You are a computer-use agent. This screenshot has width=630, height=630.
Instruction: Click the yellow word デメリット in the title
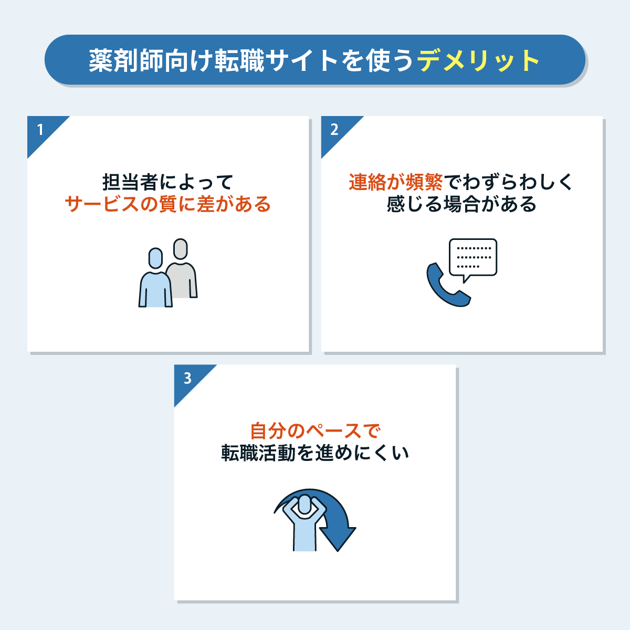(x=478, y=61)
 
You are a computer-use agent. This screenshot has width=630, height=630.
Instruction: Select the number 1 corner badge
(x=40, y=129)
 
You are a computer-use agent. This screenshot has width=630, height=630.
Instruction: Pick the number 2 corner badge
(x=334, y=129)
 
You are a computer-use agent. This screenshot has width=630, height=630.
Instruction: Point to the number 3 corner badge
(x=187, y=378)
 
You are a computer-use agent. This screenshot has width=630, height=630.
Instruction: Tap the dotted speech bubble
(x=472, y=258)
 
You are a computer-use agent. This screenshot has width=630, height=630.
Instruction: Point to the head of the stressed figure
(x=304, y=505)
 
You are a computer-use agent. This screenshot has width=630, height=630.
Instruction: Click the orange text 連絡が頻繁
(x=396, y=182)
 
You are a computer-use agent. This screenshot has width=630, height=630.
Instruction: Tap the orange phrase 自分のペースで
(x=315, y=431)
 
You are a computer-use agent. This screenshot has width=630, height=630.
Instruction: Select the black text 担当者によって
(x=168, y=182)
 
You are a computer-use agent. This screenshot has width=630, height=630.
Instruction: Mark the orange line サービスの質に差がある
(x=168, y=204)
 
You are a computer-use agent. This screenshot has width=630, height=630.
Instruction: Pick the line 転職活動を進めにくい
(x=315, y=453)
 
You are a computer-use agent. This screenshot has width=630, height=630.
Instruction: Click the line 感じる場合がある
(x=462, y=204)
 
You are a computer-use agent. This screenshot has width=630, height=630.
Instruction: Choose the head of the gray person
(x=181, y=249)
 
